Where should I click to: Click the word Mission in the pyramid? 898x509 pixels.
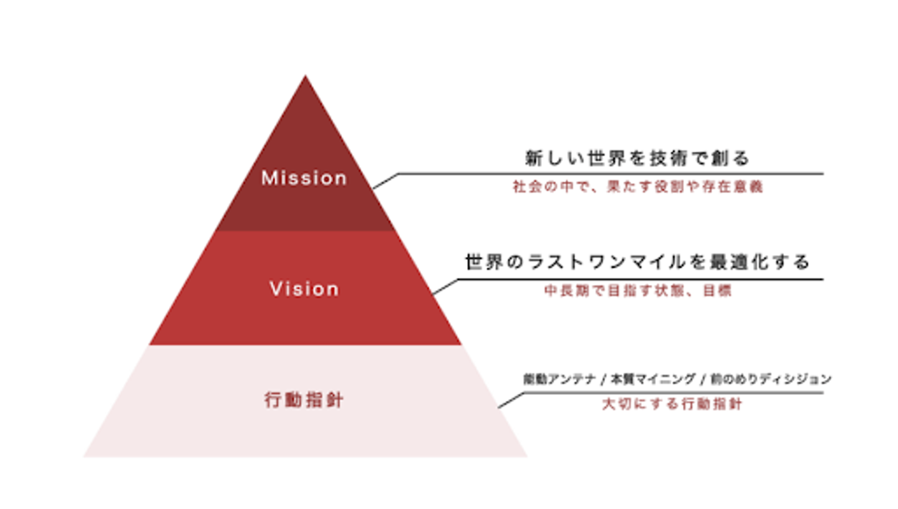point(304,178)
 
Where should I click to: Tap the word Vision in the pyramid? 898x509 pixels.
point(304,289)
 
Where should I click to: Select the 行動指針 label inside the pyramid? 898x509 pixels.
point(304,400)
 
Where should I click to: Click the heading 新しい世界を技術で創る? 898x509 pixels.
point(637,158)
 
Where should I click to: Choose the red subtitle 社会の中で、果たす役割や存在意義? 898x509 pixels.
point(638,187)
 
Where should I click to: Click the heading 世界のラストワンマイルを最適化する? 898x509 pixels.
point(637,262)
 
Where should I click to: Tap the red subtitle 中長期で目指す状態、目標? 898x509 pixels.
point(638,291)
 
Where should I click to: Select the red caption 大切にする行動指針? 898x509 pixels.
point(672,404)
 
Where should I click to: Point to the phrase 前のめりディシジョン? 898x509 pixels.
point(771,379)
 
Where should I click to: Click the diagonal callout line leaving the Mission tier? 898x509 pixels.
point(385,181)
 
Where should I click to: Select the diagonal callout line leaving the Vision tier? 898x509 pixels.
point(445,287)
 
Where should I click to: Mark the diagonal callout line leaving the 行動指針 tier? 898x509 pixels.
point(511,400)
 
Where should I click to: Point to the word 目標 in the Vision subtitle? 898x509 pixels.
point(718,291)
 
